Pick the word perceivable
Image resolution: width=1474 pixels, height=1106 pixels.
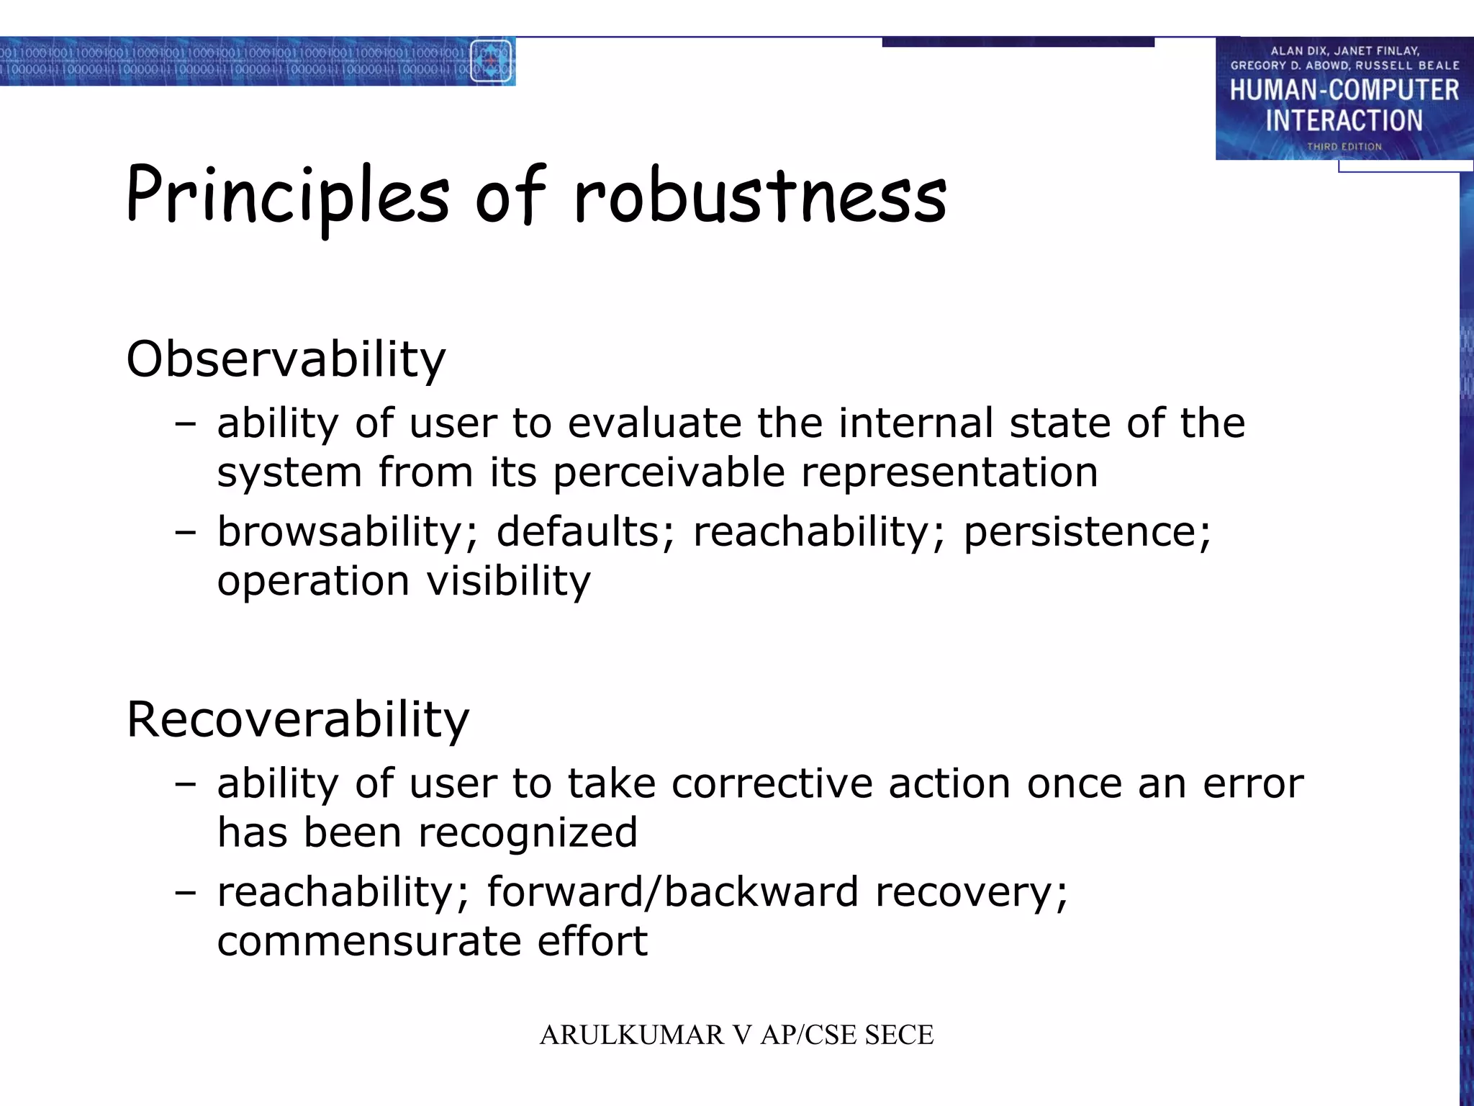click(669, 473)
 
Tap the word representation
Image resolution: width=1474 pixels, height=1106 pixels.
click(949, 473)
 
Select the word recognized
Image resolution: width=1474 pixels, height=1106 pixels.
click(528, 832)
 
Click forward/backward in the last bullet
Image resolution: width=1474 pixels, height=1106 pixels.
click(672, 892)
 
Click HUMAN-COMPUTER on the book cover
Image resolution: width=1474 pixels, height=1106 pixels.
click(1344, 90)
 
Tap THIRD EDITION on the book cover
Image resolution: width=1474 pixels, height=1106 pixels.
click(1344, 146)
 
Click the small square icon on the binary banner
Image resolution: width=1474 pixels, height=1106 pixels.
click(491, 61)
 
